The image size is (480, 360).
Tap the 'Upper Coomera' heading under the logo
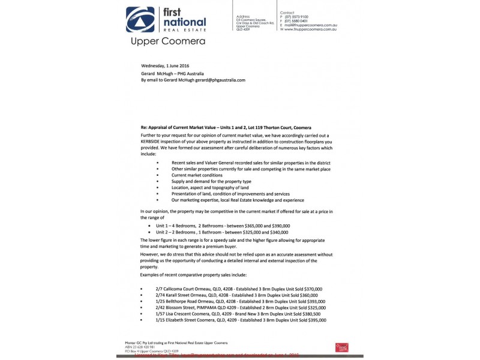[167, 41]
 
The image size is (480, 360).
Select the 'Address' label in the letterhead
[243, 16]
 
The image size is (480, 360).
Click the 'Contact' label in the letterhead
[287, 12]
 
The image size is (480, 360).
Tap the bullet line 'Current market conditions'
[193, 175]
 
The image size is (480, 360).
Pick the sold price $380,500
[308, 314]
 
